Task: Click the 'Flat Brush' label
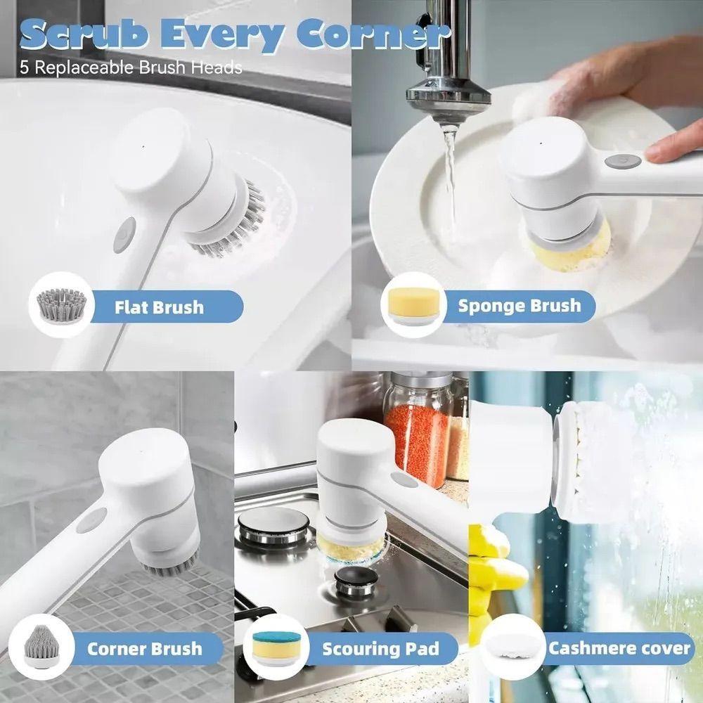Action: [x=159, y=308]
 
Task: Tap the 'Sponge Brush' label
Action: [x=520, y=306]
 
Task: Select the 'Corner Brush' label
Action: [x=144, y=649]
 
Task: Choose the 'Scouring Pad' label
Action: [x=380, y=649]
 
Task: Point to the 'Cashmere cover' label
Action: [x=619, y=648]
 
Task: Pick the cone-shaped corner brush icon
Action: [x=41, y=646]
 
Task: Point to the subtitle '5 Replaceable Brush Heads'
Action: [x=131, y=67]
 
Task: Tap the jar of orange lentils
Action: [x=418, y=432]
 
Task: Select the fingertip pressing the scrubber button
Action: [x=663, y=153]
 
